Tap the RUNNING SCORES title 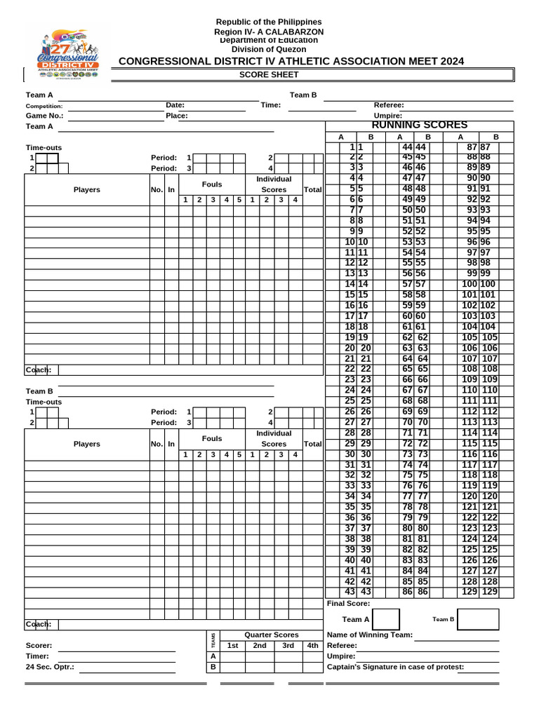[420, 125]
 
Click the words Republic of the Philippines [269, 22]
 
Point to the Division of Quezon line [269, 49]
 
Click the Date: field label [175, 105]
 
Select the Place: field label [177, 116]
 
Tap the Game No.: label [44, 116]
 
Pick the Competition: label [44, 106]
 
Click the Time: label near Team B [271, 105]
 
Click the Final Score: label [349, 604]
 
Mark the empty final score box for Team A [387, 620]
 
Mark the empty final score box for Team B [478, 620]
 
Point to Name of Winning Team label [370, 635]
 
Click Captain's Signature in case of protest [395, 667]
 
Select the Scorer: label [39, 646]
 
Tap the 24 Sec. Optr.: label [50, 667]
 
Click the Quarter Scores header [271, 635]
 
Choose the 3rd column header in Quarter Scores [288, 646]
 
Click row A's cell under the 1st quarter [233, 656]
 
